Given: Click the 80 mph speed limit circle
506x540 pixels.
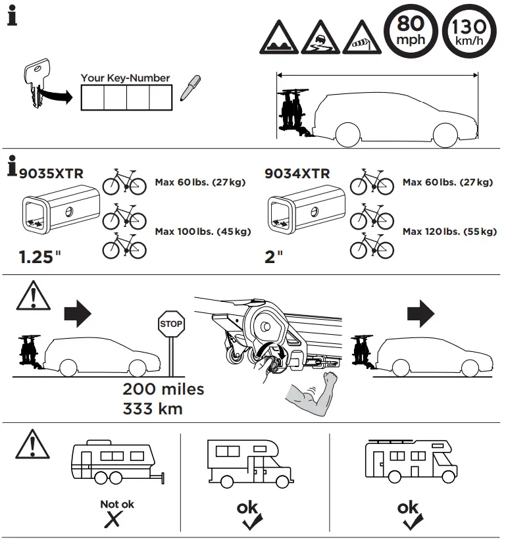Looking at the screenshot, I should pyautogui.click(x=409, y=31).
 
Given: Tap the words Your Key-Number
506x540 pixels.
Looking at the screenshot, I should pyautogui.click(x=125, y=78).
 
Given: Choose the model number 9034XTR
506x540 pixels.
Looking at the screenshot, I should pyautogui.click(x=297, y=174).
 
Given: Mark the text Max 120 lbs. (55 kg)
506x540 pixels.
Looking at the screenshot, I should pyautogui.click(x=449, y=232).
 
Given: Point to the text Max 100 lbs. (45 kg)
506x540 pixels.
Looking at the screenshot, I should pyautogui.click(x=203, y=232).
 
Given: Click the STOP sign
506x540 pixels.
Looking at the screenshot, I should pyautogui.click(x=171, y=324).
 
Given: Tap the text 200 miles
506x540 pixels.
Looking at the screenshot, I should pyautogui.click(x=163, y=389).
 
